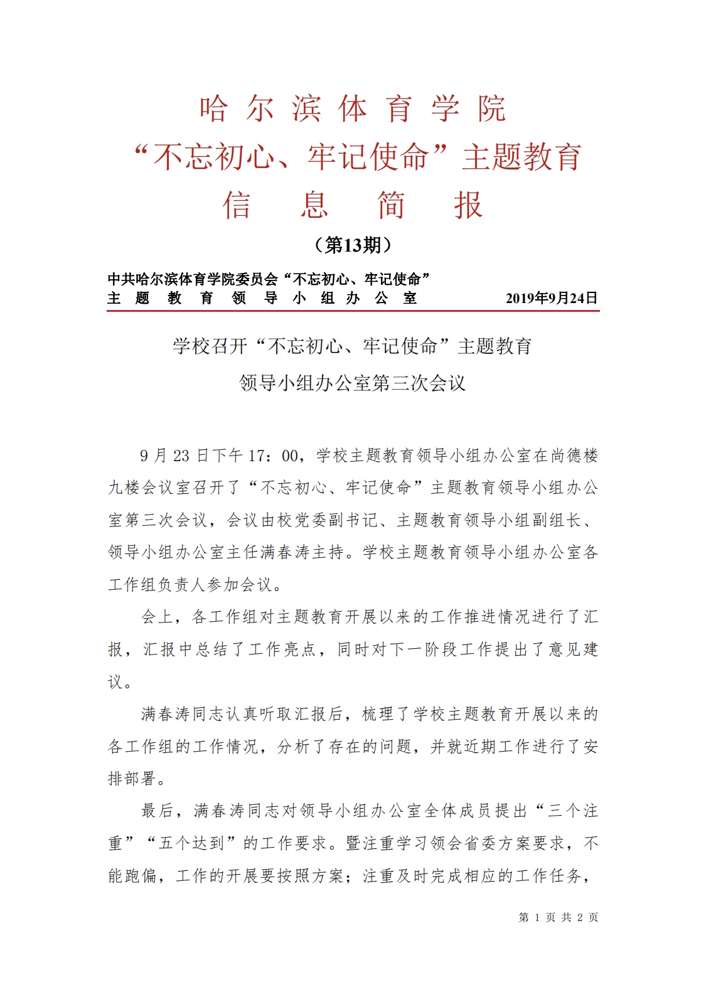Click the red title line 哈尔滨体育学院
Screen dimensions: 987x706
click(x=353, y=109)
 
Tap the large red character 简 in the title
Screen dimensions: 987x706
click(x=390, y=205)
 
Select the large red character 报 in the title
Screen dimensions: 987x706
click(x=468, y=205)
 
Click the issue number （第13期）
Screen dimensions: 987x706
click(x=353, y=245)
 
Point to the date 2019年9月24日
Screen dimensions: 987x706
click(x=552, y=298)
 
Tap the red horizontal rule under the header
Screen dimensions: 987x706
click(x=353, y=310)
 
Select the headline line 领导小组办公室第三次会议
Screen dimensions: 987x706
click(x=353, y=383)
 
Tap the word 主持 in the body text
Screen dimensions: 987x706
click(x=329, y=552)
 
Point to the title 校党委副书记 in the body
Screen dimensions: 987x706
click(x=327, y=520)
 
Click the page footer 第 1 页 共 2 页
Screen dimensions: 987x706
click(x=558, y=917)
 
